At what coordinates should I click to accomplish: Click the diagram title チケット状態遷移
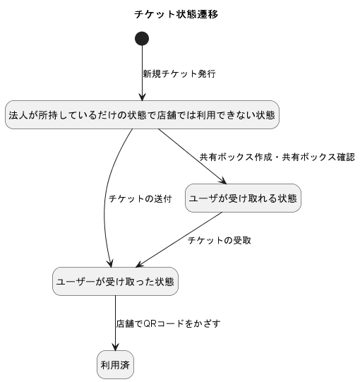[176, 14]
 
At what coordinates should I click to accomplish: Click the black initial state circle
[142, 39]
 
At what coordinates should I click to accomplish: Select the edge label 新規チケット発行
[179, 73]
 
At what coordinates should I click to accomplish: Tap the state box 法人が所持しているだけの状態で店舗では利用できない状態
[143, 115]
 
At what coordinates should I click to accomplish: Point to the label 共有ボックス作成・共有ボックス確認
[277, 157]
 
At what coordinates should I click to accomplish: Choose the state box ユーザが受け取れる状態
[243, 198]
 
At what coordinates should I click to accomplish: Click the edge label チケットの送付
[140, 199]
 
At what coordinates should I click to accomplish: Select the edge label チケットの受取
[220, 241]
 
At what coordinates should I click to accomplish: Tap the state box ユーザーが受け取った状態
[115, 282]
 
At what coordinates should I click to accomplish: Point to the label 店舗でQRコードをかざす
[168, 324]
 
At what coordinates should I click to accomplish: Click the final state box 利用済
[116, 365]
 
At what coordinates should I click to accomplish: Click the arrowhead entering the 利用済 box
[116, 347]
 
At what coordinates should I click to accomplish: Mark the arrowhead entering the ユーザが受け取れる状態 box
[223, 181]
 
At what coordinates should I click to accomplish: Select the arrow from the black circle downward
[142, 73]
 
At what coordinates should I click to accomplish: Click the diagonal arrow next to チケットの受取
[179, 240]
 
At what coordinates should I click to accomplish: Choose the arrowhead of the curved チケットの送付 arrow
[111, 263]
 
